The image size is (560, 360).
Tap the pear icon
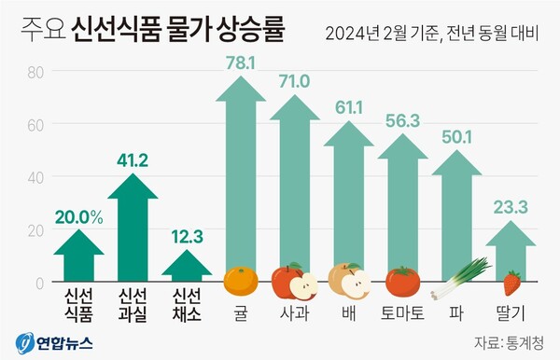(x=349, y=279)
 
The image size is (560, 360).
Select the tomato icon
(x=402, y=280)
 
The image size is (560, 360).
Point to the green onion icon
(x=464, y=276)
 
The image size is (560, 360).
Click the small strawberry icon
(x=511, y=282)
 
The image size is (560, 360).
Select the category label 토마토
(x=403, y=313)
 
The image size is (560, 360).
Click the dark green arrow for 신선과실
(x=133, y=228)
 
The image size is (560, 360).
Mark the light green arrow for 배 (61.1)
(x=349, y=196)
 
